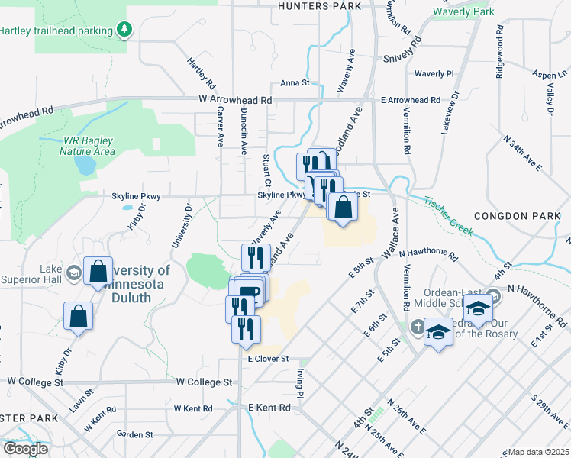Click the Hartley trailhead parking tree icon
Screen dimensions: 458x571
tap(124, 31)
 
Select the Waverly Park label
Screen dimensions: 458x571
tap(463, 11)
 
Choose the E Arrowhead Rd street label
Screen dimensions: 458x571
tap(411, 100)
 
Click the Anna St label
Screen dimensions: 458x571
tap(295, 83)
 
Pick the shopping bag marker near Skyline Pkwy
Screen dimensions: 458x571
tap(342, 208)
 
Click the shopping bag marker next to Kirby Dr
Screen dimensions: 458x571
tap(79, 316)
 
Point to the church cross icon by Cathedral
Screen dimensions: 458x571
tap(415, 327)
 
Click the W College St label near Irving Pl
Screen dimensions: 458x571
tap(205, 382)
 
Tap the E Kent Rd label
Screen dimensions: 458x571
tap(269, 408)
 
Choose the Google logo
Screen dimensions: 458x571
tap(26, 449)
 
